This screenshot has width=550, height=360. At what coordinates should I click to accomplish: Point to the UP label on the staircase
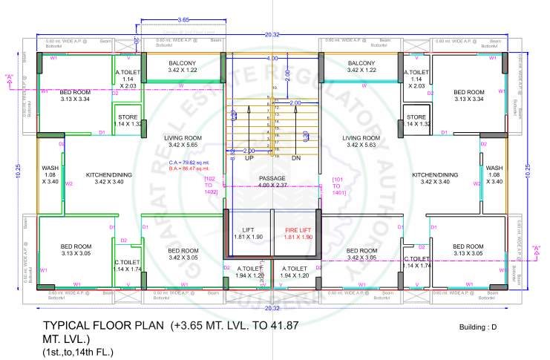(249, 158)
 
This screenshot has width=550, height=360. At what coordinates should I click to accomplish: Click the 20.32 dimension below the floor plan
(272, 308)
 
